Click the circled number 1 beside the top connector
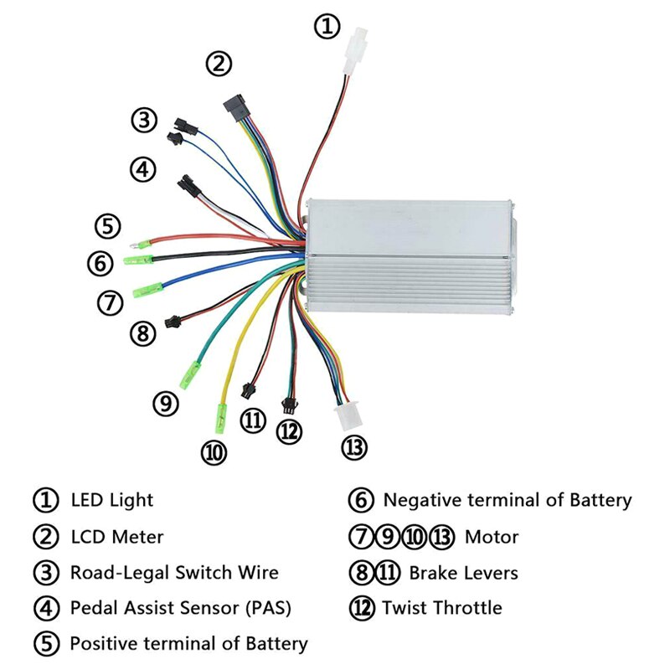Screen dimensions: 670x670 pyautogui.click(x=327, y=26)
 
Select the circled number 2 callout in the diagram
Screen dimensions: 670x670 pyautogui.click(x=219, y=63)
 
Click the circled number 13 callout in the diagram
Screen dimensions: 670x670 pyautogui.click(x=354, y=447)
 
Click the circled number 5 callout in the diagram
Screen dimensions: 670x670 pyautogui.click(x=107, y=225)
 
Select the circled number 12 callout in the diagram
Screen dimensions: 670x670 pyautogui.click(x=289, y=431)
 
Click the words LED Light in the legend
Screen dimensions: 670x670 pyautogui.click(x=112, y=501)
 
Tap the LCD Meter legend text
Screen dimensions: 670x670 pyautogui.click(x=116, y=537)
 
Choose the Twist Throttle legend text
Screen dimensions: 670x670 pyautogui.click(x=442, y=608)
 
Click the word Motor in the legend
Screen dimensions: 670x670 pyautogui.click(x=492, y=537)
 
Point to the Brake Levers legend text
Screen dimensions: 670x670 pyautogui.click(x=463, y=573)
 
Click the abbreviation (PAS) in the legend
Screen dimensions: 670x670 pyautogui.click(x=267, y=608)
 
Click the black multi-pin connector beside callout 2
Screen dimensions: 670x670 pyautogui.click(x=234, y=106)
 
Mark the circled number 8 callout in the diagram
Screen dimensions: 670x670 pyautogui.click(x=142, y=333)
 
